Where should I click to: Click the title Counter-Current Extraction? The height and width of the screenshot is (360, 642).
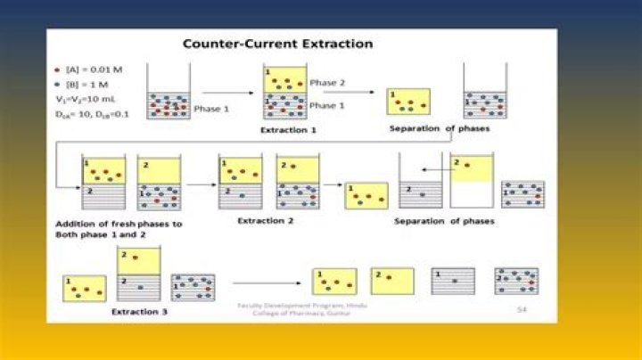277,44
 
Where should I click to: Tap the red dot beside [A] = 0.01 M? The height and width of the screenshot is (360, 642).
59,69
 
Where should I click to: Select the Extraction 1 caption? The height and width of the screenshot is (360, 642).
288,130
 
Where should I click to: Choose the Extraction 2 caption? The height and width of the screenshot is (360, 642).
265,219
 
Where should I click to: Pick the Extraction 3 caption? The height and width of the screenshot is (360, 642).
140,313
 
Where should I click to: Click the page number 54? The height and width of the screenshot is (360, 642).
523,309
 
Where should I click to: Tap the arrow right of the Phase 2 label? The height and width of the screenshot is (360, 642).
336,91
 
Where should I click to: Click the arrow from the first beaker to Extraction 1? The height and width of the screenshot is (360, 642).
226,92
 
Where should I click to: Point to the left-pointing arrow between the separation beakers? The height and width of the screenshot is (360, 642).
433,168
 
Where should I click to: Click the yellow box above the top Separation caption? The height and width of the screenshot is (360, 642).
407,102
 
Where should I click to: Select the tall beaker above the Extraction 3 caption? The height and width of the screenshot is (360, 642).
138,274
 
